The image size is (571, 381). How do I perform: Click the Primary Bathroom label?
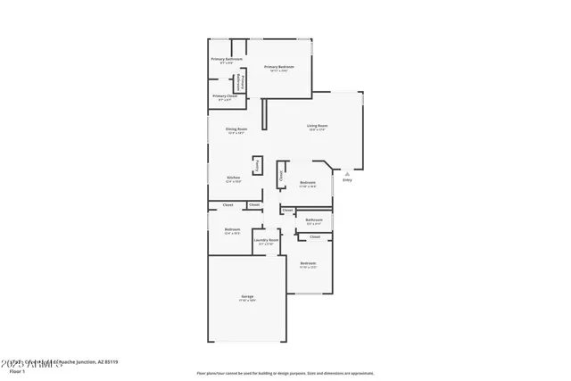point(227,59)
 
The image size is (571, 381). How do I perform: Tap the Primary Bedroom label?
point(278,67)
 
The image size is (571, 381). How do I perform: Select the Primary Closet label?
point(224,95)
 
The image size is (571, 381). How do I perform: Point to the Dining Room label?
point(236,129)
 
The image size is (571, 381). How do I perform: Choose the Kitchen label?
point(233,178)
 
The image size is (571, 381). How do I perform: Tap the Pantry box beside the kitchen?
point(258,165)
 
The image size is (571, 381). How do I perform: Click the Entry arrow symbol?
point(347,173)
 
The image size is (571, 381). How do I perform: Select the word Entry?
point(347,180)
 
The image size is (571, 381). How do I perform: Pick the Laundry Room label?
point(266,239)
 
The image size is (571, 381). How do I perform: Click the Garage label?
point(247,296)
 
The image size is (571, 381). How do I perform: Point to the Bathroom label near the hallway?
point(314,219)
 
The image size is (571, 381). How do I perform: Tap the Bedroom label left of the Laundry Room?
point(232,229)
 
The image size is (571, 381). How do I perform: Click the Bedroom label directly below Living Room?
point(308,182)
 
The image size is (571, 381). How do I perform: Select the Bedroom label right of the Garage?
point(308,263)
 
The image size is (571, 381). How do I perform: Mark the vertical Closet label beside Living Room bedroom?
point(282,177)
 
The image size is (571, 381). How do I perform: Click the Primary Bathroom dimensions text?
point(227,63)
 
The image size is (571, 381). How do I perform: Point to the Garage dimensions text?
point(247,301)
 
